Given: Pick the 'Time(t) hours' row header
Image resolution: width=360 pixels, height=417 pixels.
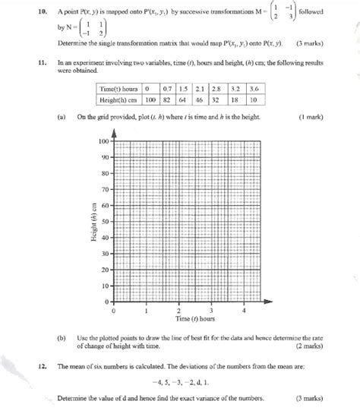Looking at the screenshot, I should pyautogui.click(x=122, y=89).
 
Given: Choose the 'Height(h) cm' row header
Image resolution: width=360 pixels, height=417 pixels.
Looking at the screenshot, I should pyautogui.click(x=122, y=99).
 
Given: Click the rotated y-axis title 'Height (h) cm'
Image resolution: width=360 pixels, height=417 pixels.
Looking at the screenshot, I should pyautogui.click(x=89, y=221).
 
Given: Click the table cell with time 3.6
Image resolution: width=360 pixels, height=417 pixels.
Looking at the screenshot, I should pyautogui.click(x=255, y=89).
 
